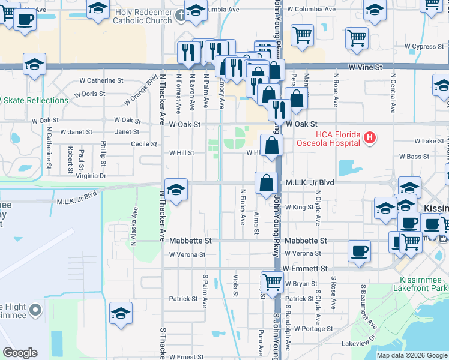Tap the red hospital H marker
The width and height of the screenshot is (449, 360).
[370, 138]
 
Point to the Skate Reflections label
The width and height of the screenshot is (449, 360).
[30, 100]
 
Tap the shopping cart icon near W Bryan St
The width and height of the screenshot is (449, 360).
[273, 281]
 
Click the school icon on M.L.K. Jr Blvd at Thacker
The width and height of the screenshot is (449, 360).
[175, 190]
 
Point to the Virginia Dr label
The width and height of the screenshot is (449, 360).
[91, 176]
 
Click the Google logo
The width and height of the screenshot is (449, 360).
[20, 353]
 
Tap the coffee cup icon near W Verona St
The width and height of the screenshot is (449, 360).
[359, 250]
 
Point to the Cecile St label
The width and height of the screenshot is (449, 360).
[144, 144]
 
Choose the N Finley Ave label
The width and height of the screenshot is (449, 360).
[243, 207]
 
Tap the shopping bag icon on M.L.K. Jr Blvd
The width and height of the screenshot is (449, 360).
[266, 182]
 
